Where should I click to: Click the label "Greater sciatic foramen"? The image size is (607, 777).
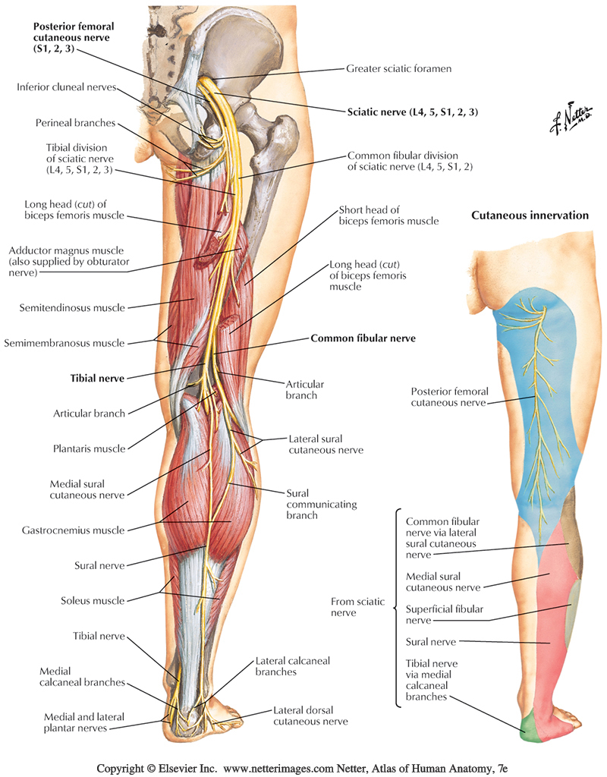(398, 68)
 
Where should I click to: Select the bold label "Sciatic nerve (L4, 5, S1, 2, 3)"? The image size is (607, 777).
(412, 112)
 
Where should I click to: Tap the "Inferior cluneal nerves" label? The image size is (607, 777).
(66, 87)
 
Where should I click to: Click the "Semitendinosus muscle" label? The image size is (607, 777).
(74, 307)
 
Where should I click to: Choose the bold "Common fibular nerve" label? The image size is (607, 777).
(363, 338)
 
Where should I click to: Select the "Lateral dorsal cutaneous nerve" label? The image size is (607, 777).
(310, 716)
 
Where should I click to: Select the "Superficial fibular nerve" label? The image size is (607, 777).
(444, 613)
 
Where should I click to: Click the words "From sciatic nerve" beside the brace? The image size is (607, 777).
(357, 607)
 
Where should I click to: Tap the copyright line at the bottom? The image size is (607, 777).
(303, 767)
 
